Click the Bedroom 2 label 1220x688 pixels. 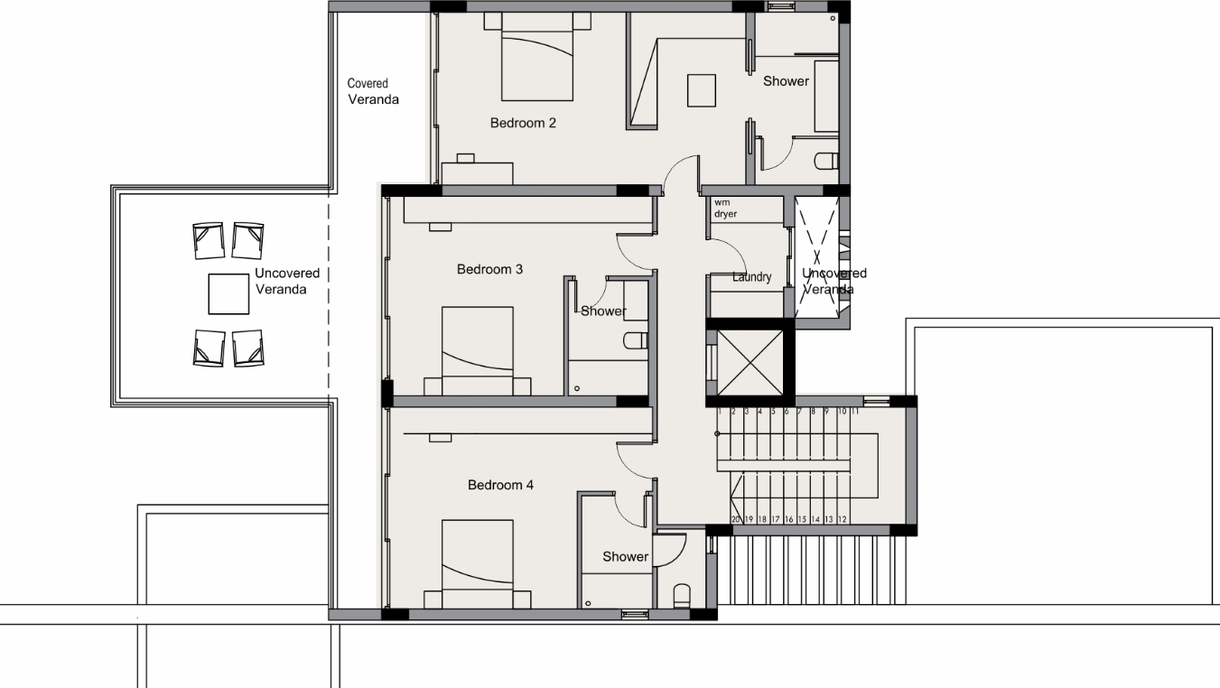tap(523, 123)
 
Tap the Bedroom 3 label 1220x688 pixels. tap(489, 269)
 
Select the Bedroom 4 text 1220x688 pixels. tap(500, 485)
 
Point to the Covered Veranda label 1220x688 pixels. tap(373, 91)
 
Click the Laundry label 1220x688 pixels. tap(751, 276)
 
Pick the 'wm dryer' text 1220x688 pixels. tap(725, 208)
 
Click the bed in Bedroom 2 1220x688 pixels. tap(537, 57)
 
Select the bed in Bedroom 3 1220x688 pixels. tap(477, 351)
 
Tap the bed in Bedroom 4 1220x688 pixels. tap(477, 564)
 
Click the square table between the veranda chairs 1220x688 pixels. tap(228, 294)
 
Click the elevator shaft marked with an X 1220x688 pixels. tap(750, 362)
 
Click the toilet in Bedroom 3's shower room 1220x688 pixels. tap(636, 341)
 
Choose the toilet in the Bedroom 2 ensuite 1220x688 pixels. tap(826, 162)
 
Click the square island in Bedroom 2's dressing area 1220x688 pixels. tap(701, 90)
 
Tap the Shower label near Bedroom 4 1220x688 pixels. tap(625, 557)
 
